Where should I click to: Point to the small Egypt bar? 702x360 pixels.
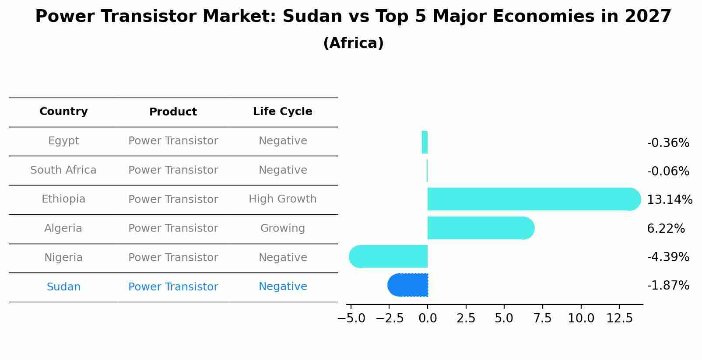click(x=425, y=142)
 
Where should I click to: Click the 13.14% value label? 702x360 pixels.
click(x=669, y=200)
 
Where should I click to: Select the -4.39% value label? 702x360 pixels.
click(x=668, y=257)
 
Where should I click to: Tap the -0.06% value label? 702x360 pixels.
click(x=668, y=171)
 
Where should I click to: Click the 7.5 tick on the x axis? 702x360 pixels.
click(x=542, y=318)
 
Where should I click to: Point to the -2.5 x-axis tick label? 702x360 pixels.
click(x=390, y=318)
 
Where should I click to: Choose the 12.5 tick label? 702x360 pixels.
click(x=619, y=318)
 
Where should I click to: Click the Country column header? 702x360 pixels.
click(x=63, y=112)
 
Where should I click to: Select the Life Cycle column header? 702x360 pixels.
click(x=282, y=112)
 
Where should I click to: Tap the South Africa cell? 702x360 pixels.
click(x=63, y=170)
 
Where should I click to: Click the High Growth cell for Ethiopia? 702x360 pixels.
click(x=282, y=199)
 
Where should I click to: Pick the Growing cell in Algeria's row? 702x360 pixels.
click(x=282, y=228)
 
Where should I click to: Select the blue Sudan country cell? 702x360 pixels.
click(x=63, y=287)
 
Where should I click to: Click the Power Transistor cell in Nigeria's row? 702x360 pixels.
click(x=173, y=258)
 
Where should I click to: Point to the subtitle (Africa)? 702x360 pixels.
click(x=353, y=43)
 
